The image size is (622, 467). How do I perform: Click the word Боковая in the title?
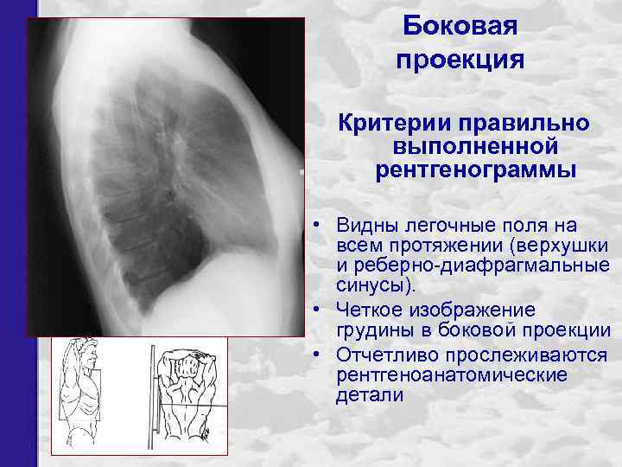(x=460, y=26)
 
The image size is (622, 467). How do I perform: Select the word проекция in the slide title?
(x=460, y=60)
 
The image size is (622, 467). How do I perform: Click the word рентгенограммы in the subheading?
(x=474, y=170)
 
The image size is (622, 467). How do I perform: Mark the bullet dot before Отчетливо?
(x=319, y=355)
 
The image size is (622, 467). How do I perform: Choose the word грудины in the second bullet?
(x=371, y=331)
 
